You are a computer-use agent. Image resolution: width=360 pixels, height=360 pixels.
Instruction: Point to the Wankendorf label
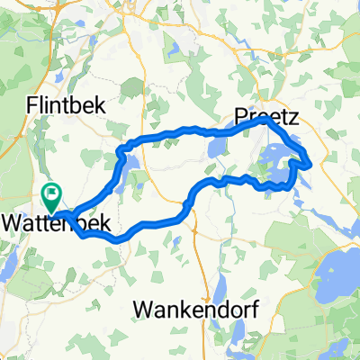[196, 310]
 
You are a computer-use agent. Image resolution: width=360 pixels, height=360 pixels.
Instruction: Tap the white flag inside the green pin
[51, 191]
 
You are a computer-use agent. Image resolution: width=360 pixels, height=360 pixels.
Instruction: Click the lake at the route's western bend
[127, 163]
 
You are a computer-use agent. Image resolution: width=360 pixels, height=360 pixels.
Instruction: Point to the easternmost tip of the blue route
[310, 164]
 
